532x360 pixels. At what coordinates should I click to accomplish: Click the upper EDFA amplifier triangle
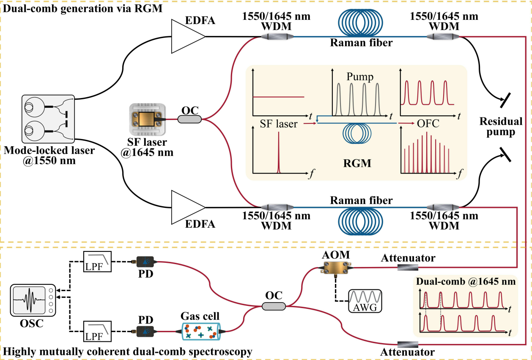pos(186,37)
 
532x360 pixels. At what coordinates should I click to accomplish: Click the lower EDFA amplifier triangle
pos(186,207)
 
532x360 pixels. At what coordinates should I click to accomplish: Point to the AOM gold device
pos(335,267)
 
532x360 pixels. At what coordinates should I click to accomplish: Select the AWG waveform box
pos(365,300)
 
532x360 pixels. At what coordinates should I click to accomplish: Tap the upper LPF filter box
pos(98,262)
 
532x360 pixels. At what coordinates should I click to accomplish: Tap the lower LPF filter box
pos(98,332)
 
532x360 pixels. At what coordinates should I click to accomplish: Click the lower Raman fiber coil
pos(361,224)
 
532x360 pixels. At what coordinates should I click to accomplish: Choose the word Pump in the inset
pos(360,77)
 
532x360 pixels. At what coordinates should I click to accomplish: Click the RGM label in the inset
pos(358,163)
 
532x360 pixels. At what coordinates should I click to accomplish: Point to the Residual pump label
pos(501,127)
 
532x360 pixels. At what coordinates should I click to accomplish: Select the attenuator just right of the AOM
pos(408,267)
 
